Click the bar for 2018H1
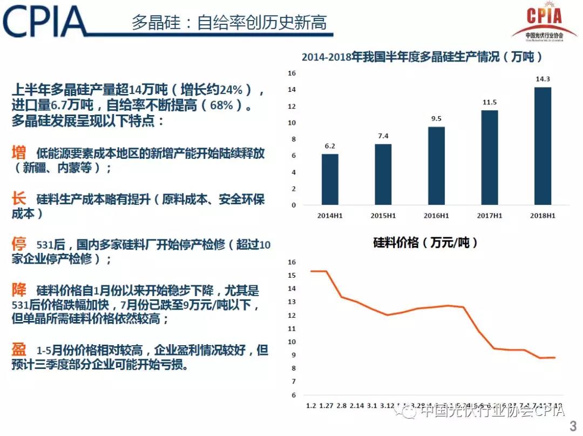click(543, 146)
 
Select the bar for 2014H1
click(330, 179)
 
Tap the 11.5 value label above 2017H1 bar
click(489, 102)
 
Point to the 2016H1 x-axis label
click(436, 216)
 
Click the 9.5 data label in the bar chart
click(436, 119)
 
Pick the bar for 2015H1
click(383, 175)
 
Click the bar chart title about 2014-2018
click(422, 57)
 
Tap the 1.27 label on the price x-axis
click(326, 406)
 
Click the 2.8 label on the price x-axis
click(341, 406)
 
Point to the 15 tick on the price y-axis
click(291, 276)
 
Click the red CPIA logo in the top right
click(537, 22)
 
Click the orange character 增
click(19, 153)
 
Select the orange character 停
click(19, 244)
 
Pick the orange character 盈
click(19, 350)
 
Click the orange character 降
click(19, 290)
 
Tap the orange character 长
click(19, 199)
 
